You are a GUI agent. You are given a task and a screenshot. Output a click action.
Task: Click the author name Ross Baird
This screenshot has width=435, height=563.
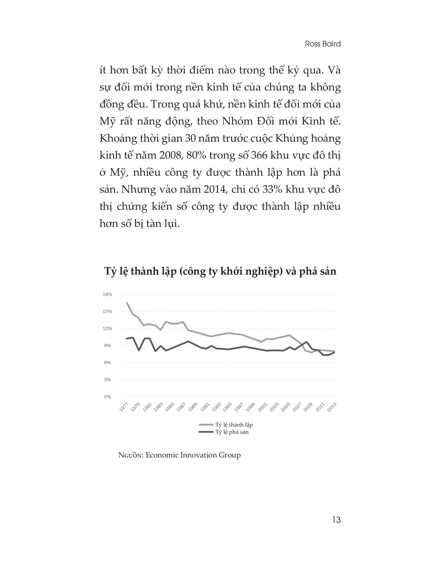pos(322,44)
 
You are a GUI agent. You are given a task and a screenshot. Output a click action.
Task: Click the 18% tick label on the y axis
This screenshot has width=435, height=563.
pos(107,294)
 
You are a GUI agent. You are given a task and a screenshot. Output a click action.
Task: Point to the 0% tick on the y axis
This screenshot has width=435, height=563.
pos(107,397)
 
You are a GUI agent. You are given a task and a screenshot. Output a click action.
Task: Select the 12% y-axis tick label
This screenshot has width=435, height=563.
pos(107,328)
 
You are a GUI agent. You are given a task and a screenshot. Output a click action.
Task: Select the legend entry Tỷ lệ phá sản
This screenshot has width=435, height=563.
pos(232,432)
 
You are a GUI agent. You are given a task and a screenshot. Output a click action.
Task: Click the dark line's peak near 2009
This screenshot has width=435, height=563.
pos(306,342)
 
